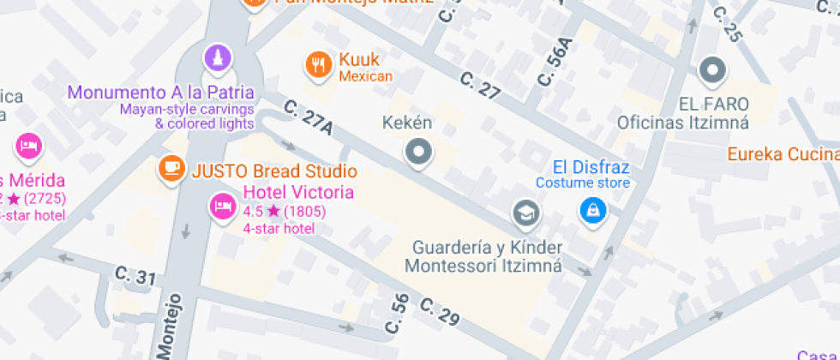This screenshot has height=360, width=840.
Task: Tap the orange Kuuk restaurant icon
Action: click(x=319, y=63)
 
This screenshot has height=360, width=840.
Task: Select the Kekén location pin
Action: click(x=418, y=153)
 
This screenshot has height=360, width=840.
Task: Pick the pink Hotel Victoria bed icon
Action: click(x=223, y=206)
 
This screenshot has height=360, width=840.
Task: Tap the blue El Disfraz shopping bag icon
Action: click(x=591, y=209)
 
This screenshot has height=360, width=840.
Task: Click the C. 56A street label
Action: click(x=553, y=61)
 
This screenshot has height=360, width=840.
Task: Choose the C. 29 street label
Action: click(x=441, y=312)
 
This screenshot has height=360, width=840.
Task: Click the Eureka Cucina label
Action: click(x=783, y=154)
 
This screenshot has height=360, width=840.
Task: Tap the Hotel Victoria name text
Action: click(x=298, y=192)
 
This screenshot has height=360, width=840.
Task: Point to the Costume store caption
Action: click(x=583, y=183)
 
